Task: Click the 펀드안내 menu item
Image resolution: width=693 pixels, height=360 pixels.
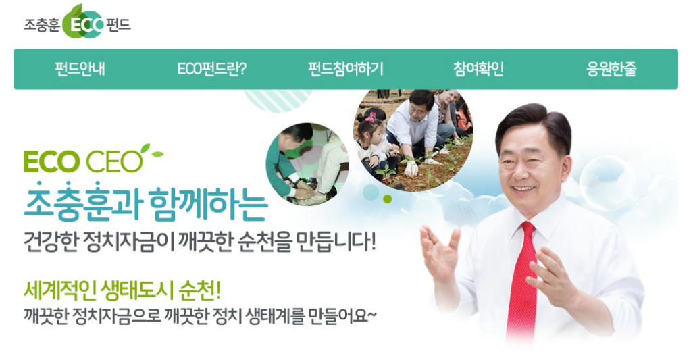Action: point(80,69)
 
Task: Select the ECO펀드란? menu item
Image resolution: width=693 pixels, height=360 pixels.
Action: point(211,69)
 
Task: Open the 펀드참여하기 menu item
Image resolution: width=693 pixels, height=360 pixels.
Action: point(346,69)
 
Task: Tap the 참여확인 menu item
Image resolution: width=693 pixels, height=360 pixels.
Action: point(479,69)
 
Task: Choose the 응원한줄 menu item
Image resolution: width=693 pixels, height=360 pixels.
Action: point(611,69)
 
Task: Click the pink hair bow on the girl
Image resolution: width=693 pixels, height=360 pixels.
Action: point(370,117)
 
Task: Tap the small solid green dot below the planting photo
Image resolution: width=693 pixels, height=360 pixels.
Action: point(388,199)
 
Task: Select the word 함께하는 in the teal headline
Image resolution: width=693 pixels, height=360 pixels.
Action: point(209,205)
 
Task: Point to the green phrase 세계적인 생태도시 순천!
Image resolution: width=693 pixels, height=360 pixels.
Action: point(122,290)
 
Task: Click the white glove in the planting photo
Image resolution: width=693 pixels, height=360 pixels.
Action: point(411,168)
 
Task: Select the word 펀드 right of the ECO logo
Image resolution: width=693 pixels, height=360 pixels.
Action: point(118,24)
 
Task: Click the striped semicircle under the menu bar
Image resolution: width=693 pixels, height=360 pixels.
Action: point(278,100)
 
